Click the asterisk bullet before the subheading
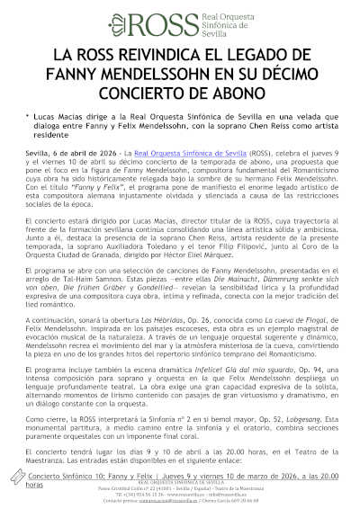coord(28,117)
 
